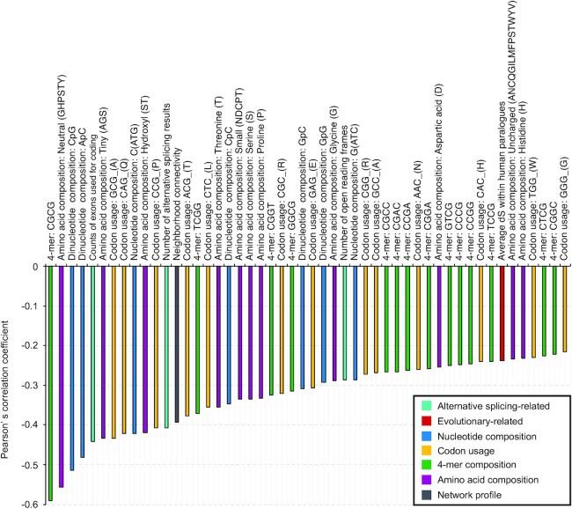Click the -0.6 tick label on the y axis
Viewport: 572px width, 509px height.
30,504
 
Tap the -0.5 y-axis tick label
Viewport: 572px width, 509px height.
30,464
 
